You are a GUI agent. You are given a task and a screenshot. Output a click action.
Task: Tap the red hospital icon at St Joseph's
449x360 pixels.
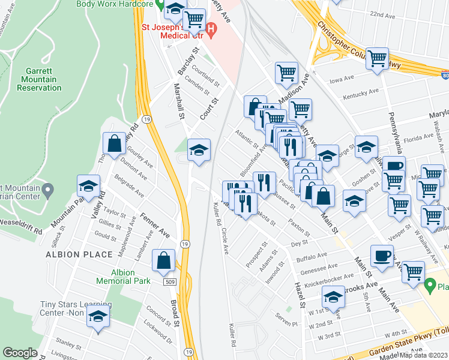click(210, 28)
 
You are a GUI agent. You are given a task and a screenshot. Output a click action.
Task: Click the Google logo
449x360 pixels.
click(20, 353)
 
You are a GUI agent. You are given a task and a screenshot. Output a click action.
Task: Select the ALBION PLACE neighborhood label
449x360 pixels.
click(79, 254)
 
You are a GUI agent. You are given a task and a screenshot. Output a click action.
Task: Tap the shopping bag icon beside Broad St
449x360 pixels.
click(163, 260)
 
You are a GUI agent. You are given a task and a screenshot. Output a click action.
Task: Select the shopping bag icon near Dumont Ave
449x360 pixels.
click(114, 144)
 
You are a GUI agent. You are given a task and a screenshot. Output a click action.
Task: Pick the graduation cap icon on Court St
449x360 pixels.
click(199, 149)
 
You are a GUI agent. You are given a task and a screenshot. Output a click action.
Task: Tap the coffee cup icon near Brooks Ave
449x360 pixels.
click(382, 256)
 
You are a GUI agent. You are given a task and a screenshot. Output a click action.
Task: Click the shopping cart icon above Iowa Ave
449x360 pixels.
click(377, 59)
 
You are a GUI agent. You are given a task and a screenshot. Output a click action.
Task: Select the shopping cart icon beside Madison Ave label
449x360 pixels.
click(286, 73)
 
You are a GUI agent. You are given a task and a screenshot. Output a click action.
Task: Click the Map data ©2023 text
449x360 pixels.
click(423, 355)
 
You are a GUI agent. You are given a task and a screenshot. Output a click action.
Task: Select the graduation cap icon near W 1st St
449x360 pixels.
click(333, 297)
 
